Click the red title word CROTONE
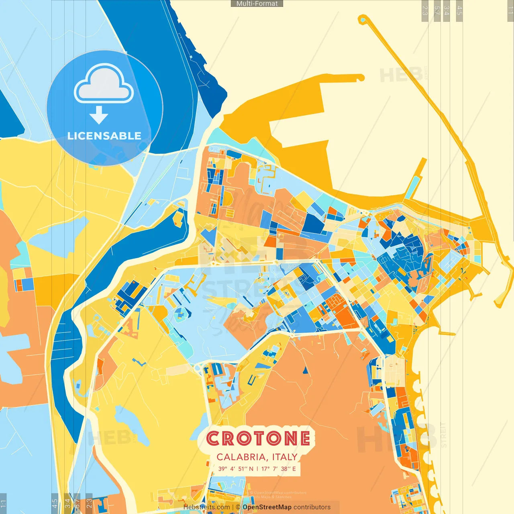[x=258, y=438]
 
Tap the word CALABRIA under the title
[x=243, y=457]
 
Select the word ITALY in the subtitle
[x=285, y=457]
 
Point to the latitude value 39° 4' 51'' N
[x=236, y=469]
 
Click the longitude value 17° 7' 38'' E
[x=279, y=469]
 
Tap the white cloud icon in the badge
[x=104, y=85]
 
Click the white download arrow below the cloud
[x=99, y=115]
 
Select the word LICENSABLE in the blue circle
[x=104, y=136]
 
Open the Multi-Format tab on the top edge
[x=257, y=4]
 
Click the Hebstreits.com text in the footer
[x=206, y=507]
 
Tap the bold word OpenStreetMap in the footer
[x=267, y=507]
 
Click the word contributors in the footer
[x=312, y=507]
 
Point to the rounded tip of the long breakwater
[x=363, y=19]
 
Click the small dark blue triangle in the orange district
[x=304, y=370]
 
